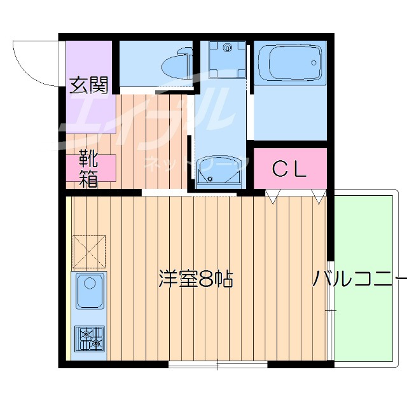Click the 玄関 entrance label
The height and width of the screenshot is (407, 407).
click(88, 84)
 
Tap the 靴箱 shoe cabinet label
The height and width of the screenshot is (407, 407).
click(88, 169)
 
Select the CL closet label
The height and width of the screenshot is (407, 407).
click(289, 169)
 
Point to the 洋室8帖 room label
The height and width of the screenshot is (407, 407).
click(195, 279)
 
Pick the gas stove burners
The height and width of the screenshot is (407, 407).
click(88, 338)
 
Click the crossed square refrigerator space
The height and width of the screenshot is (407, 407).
click(88, 250)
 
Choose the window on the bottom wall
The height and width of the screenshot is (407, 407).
click(217, 364)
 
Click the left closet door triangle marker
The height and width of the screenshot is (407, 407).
click(272, 197)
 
